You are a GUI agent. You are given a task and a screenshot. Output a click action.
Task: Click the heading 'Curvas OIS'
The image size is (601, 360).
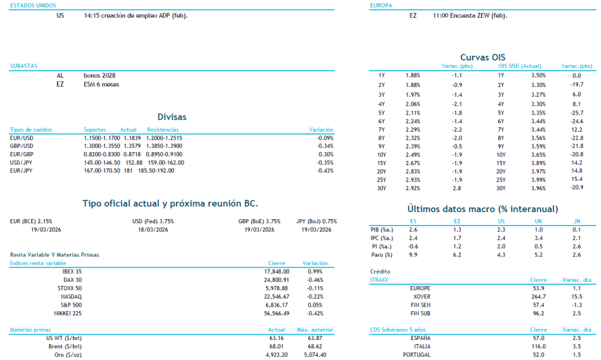coord(482,57)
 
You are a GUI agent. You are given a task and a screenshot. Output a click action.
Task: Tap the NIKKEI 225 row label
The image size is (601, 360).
coord(68,313)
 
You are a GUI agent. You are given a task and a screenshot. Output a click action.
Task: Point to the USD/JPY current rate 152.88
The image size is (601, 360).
coord(134,163)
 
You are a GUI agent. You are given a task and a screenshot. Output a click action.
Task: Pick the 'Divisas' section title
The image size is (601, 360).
coord(172,117)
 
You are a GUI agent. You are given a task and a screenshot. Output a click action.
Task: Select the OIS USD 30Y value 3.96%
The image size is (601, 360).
coord(538,188)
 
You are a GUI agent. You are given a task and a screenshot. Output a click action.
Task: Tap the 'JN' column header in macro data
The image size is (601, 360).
coord(576,221)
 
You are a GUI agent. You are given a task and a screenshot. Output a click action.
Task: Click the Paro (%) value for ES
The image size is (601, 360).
coord(413,255)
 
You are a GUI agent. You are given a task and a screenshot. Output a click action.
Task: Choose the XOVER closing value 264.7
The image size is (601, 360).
coord(538,297)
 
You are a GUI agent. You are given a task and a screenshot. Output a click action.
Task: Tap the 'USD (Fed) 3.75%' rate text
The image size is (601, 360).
coord(153,221)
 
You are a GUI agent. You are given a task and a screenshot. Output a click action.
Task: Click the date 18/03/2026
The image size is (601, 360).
coord(153,230)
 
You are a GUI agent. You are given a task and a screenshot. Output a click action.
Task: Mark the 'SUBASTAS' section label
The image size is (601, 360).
coord(24,66)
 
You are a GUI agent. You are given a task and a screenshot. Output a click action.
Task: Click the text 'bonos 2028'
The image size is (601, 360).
coord(100,76)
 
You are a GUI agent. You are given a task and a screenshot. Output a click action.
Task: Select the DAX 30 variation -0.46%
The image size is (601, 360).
coord(315,280)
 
